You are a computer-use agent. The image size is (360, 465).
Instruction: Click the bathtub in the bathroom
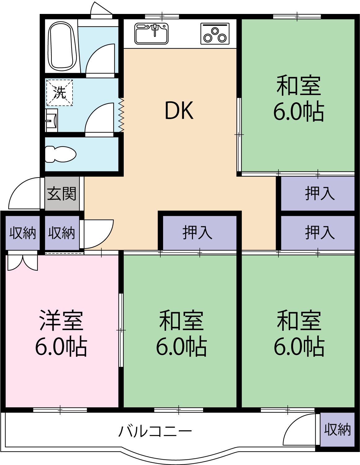click(x=62, y=46)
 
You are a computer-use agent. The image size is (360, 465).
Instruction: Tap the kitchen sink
click(x=151, y=33)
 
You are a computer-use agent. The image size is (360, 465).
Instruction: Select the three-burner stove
click(x=215, y=33)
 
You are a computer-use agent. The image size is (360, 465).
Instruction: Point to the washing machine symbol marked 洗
click(x=60, y=93)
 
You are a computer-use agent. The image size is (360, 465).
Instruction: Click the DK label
click(x=179, y=111)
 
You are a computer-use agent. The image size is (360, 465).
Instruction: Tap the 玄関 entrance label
click(x=62, y=194)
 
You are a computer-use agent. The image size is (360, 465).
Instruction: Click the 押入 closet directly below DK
click(x=198, y=232)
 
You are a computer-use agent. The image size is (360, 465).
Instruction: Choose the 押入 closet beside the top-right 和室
click(x=318, y=193)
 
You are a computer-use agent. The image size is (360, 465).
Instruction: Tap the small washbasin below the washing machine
click(x=51, y=120)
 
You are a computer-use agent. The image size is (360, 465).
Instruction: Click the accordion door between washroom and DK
click(x=121, y=115)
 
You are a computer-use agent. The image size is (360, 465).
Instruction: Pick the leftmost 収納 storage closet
click(x=22, y=233)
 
